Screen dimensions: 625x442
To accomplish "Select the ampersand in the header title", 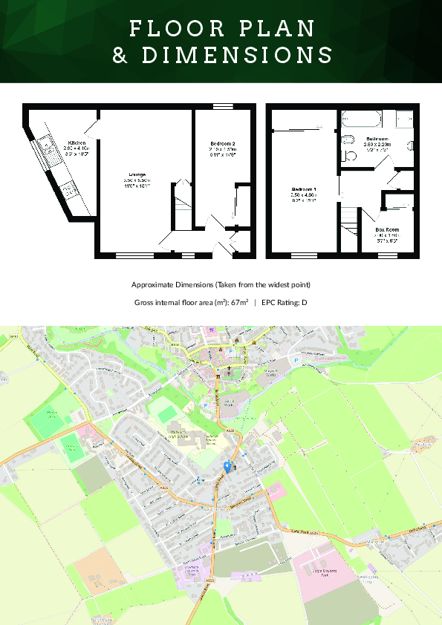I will point(120,56).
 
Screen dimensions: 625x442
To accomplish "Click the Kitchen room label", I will point(77,142).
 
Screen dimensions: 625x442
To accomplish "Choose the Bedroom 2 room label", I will point(223,143).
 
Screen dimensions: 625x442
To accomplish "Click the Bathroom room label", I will point(377,139).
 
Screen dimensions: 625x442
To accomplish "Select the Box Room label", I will point(387,230).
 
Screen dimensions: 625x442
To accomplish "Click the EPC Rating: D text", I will point(285,303).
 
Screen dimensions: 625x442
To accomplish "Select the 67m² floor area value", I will point(238,303).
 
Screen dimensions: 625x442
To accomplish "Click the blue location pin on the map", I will point(227,465).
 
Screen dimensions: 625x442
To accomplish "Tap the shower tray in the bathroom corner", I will point(404,119).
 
